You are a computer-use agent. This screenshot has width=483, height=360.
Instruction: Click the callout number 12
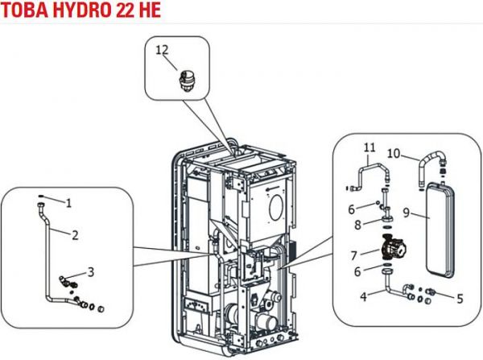pos(162,51)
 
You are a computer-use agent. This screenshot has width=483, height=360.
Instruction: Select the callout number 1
pos(68,202)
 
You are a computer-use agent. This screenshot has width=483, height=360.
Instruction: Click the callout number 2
pos(74,235)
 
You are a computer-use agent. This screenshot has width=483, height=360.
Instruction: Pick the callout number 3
pos(91,271)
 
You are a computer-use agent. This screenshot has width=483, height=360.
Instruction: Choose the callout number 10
pos(416,152)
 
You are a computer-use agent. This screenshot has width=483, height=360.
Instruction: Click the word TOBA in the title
pos(27,10)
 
